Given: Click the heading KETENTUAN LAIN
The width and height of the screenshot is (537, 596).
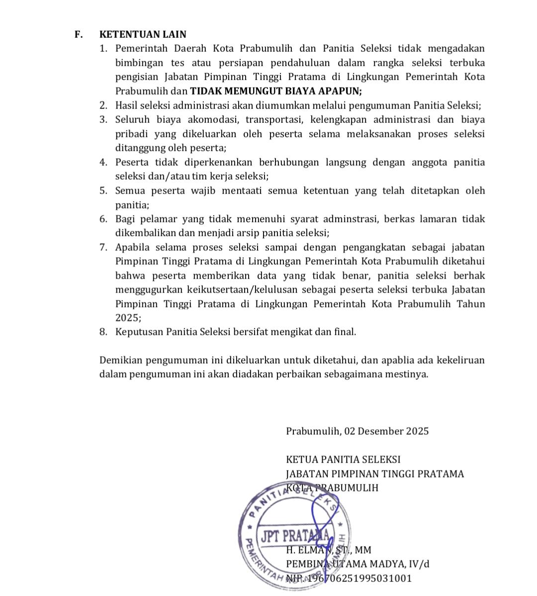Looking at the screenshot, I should pos(143,35).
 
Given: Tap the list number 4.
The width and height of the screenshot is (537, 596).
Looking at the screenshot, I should pos(103,162).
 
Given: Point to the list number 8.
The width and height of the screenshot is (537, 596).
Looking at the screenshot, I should pos(103,332).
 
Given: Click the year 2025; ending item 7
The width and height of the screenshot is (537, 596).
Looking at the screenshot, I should pos(128,318).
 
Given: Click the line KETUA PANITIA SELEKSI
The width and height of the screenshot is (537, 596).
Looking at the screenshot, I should pos(343,460).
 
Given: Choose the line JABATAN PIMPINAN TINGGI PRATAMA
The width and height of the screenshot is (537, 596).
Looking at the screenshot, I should pos(375,474).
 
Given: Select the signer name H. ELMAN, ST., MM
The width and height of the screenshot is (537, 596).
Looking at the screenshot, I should pos(329,550).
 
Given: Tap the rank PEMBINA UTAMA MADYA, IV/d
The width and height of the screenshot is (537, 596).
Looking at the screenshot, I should pos(358,564).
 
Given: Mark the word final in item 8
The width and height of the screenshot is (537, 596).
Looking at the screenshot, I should pos(347,332).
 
